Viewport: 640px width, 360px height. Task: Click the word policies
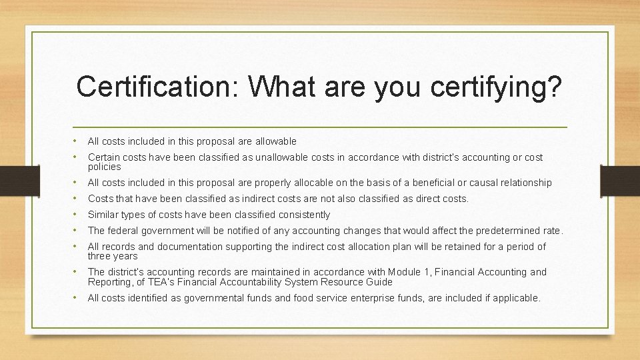coord(104,167)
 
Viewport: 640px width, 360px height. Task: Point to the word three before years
coord(99,256)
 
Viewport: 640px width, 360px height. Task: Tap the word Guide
coord(380,281)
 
